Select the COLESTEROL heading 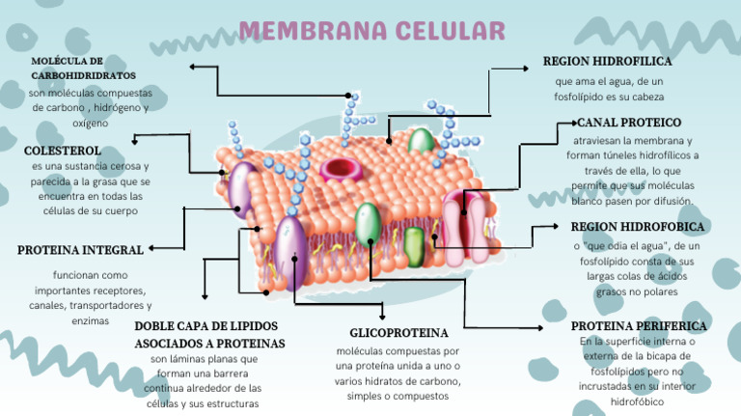62,151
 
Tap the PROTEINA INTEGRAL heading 80,250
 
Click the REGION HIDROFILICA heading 607,61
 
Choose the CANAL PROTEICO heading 629,123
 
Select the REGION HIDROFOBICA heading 638,227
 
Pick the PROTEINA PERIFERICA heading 639,326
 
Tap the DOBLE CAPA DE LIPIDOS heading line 209,326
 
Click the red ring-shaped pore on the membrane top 345,169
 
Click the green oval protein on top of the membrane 422,142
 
